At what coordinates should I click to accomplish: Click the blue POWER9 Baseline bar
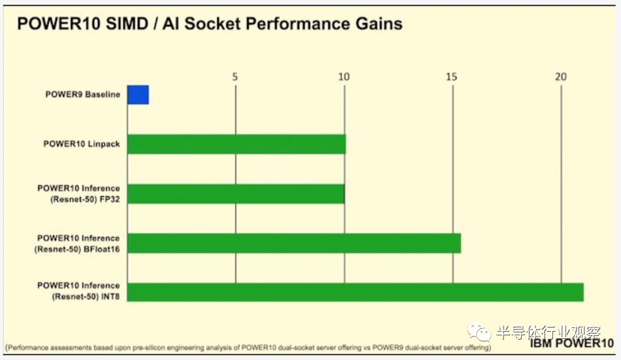coord(138,95)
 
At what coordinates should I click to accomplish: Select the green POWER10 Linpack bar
coord(237,144)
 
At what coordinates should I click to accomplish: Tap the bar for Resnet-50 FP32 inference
coord(236,194)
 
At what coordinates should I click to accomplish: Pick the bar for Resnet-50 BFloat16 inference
coord(295,243)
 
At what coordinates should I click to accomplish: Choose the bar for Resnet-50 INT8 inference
coord(355,293)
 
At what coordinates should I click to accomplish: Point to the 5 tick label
coord(235,77)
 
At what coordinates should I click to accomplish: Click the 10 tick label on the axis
coord(344,77)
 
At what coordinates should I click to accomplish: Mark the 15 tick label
coord(452,77)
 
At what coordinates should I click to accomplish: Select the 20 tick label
coord(560,77)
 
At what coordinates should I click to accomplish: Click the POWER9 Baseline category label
coord(83,95)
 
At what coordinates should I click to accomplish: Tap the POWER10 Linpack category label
coord(81,144)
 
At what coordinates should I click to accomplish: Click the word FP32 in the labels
coord(110,199)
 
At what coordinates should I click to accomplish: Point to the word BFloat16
coord(101,249)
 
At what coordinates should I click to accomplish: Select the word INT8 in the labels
coord(110,297)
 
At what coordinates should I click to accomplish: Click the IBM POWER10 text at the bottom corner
coord(572,343)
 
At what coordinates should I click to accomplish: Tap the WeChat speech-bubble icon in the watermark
coord(479,332)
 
